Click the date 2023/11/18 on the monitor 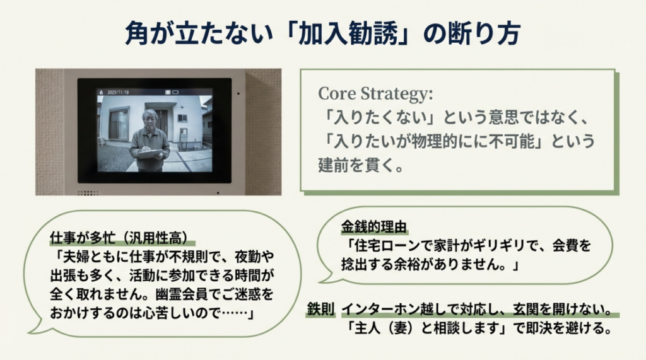119,92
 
